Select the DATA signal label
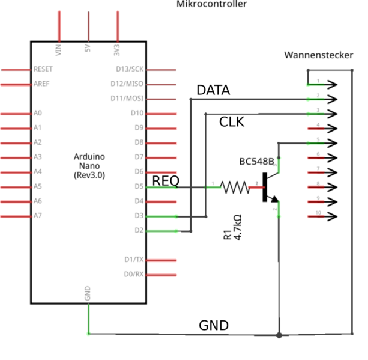213,91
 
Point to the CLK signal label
232,122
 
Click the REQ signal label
165,180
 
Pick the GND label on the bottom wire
214,326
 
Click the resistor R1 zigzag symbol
235,188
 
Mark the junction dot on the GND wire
279,334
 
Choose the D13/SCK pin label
129,70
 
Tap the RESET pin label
44,70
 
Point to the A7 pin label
38,215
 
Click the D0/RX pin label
133,274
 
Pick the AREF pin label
42,84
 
